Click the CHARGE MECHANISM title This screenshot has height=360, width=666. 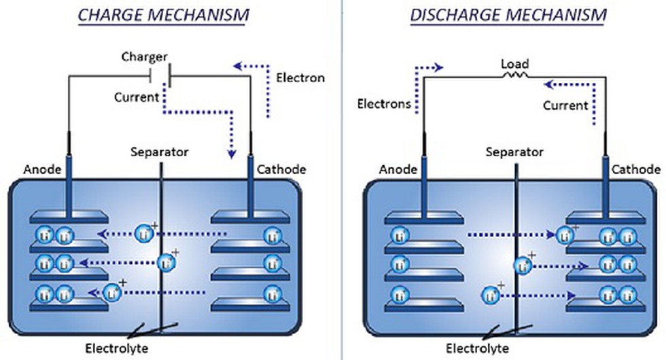pos(164,15)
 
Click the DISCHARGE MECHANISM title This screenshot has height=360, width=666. pos(508,15)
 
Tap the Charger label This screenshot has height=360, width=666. pos(144,56)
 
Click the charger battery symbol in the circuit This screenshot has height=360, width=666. pos(160,76)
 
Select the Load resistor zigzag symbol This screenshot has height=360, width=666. pos(515,75)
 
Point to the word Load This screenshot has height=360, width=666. pos(515,64)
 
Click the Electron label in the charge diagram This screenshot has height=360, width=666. pos(300,77)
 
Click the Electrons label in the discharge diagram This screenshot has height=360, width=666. pos(384,103)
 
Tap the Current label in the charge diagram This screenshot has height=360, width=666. pos(137,97)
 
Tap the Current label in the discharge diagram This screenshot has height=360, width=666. pos(565,105)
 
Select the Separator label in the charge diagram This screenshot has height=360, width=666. pos(159,152)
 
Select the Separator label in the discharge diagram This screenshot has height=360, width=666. pos(514,152)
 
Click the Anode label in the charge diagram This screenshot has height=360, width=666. pos(42,169)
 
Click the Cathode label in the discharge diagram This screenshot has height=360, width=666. pos(636,169)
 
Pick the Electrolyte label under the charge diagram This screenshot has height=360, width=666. pos(117,348)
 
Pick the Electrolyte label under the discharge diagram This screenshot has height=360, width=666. pos(477,348)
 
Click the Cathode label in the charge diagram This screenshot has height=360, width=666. pos(281,169)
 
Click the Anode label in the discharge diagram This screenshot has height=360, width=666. pos(398,169)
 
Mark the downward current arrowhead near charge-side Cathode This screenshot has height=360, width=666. pos(232,154)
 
